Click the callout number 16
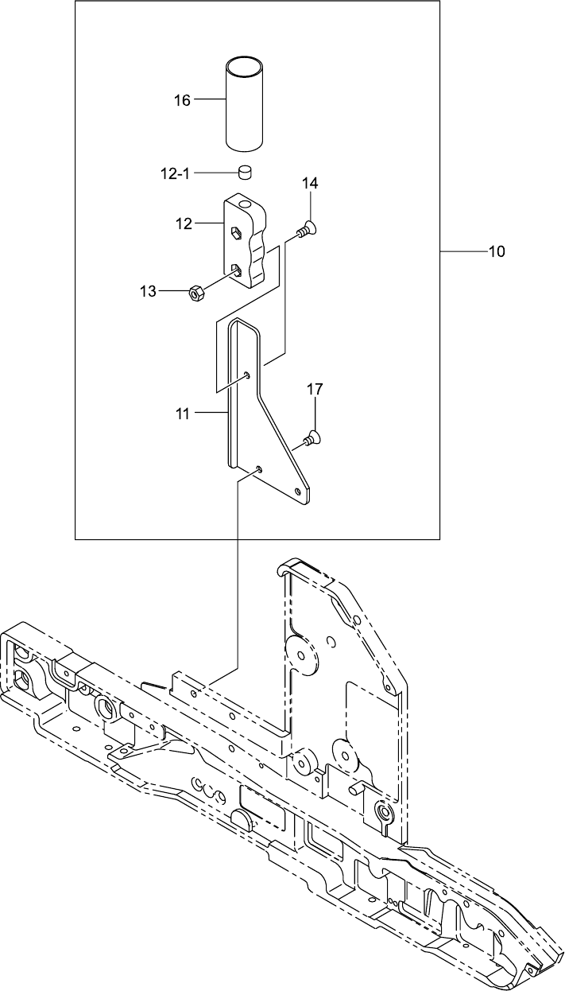[182, 100]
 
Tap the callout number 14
[309, 184]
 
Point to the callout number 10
[497, 252]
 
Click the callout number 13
[148, 292]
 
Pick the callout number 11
[184, 413]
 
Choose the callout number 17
[315, 389]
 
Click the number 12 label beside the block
[184, 224]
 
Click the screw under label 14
[305, 231]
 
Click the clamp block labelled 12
[246, 243]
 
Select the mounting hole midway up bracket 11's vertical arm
[249, 375]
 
